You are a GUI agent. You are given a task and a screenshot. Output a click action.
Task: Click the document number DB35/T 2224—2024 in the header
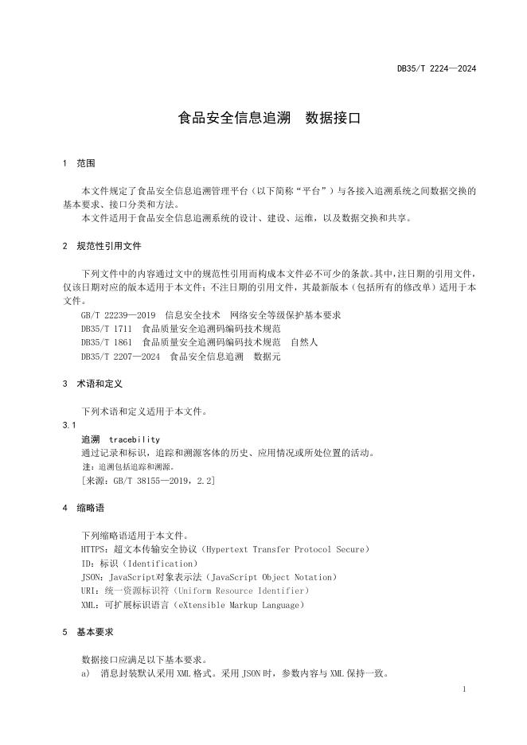(x=436, y=69)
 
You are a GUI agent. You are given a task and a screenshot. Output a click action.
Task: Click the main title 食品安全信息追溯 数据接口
(x=269, y=119)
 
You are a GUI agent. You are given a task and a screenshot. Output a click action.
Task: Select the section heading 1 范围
(x=79, y=163)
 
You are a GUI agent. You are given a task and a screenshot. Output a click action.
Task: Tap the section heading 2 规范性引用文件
(x=102, y=246)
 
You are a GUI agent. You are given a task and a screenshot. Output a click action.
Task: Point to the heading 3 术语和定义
(x=92, y=384)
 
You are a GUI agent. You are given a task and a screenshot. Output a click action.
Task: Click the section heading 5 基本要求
(x=88, y=632)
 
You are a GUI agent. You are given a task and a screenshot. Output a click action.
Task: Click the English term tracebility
(x=135, y=439)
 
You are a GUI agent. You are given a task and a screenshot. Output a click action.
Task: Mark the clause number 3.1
(x=68, y=426)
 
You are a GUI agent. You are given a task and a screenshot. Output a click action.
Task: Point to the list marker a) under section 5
(x=85, y=674)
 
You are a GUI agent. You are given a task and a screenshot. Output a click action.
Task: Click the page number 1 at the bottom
(x=463, y=688)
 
